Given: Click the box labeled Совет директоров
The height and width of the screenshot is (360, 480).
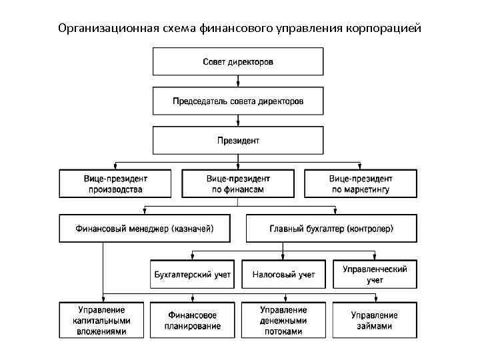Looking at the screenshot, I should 238,62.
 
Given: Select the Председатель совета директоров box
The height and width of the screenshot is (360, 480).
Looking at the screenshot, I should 238,101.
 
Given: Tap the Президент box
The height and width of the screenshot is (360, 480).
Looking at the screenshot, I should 238,141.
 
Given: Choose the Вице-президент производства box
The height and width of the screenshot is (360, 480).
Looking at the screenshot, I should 115,184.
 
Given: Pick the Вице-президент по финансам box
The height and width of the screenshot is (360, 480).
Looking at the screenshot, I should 238,184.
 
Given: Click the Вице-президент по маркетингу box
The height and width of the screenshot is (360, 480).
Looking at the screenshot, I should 361,184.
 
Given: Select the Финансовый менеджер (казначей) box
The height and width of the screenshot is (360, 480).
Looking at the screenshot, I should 145,229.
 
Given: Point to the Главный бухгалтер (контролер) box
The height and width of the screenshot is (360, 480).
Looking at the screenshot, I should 331,229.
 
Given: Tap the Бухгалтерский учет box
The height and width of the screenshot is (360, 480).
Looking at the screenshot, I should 193,275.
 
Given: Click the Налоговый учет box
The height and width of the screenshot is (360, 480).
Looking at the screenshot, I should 283,275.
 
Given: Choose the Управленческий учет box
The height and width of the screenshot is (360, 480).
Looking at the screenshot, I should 375,275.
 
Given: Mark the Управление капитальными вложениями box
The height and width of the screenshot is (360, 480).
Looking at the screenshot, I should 102,320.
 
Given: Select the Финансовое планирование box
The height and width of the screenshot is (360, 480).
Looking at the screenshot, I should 193,320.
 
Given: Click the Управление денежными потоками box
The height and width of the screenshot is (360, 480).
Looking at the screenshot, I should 283,320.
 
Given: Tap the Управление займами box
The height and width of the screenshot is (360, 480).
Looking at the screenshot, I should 375,320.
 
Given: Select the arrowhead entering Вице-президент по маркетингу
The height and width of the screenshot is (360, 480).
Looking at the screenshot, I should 361,167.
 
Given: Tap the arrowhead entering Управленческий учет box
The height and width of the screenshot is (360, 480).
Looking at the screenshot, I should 375,257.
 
